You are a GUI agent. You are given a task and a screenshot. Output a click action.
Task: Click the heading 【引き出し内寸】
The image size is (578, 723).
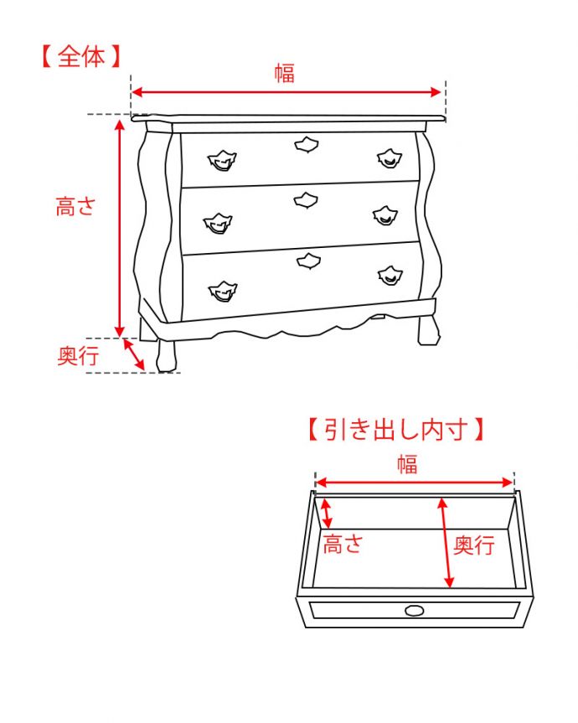[x=395, y=431]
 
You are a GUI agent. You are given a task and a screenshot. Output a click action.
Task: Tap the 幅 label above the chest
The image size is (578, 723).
[x=285, y=73]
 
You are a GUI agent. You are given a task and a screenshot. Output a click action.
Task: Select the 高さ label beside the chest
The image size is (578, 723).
[x=77, y=207]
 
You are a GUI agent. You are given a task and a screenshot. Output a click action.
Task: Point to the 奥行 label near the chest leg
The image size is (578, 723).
[x=78, y=356]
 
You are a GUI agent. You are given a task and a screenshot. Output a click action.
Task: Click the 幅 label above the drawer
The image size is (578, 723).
[x=407, y=464]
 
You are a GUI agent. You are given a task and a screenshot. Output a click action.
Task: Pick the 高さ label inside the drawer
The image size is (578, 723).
[x=343, y=545]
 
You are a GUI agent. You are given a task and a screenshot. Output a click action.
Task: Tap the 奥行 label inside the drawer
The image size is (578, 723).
[x=474, y=545]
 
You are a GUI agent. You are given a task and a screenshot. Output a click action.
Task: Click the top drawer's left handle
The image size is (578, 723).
[x=223, y=159]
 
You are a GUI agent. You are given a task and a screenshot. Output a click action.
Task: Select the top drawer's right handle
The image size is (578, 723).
[x=387, y=157]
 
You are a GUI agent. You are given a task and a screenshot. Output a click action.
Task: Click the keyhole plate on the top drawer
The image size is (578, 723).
[x=307, y=145]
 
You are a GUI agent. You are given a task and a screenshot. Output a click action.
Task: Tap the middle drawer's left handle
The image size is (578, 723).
[x=219, y=223]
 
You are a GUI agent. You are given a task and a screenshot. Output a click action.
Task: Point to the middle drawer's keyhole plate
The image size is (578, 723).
[x=306, y=200]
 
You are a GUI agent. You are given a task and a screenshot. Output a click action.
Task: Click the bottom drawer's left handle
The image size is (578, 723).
[x=223, y=292]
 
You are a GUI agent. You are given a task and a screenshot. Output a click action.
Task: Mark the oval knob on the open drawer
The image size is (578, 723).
[x=414, y=610]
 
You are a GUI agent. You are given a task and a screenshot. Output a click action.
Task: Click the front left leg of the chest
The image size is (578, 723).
[x=167, y=354]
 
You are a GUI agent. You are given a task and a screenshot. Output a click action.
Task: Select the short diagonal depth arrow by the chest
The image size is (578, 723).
[x=134, y=354]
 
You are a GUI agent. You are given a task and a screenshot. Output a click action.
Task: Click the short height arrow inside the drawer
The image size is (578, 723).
[x=327, y=513]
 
